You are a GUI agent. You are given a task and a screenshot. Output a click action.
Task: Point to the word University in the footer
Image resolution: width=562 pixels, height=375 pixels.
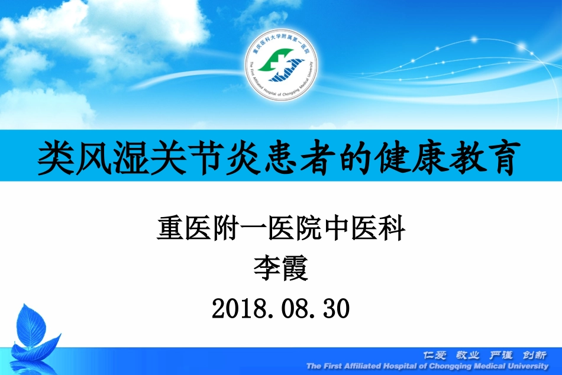tap(527, 366)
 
